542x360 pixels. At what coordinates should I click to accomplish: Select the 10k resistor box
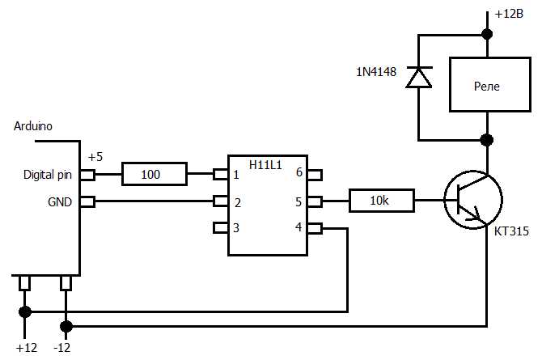pos(381,201)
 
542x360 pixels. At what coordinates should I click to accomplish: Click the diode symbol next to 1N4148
pos(417,77)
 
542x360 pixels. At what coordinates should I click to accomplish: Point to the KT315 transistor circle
pos(473,201)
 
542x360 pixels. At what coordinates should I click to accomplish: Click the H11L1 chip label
pos(265,164)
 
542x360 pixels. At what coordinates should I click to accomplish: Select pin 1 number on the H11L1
pos(236,174)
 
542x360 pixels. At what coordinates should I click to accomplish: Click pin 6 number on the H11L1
pos(299,173)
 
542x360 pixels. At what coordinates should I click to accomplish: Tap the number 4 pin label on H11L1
pos(299,228)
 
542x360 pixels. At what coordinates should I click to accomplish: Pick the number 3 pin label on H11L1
pos(236,228)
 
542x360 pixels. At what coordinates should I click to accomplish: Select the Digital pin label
pos(48,174)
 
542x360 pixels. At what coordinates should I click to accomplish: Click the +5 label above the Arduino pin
pos(95,157)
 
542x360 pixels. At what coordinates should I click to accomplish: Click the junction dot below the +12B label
pos(486,34)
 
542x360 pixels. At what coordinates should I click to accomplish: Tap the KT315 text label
pos(511,232)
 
